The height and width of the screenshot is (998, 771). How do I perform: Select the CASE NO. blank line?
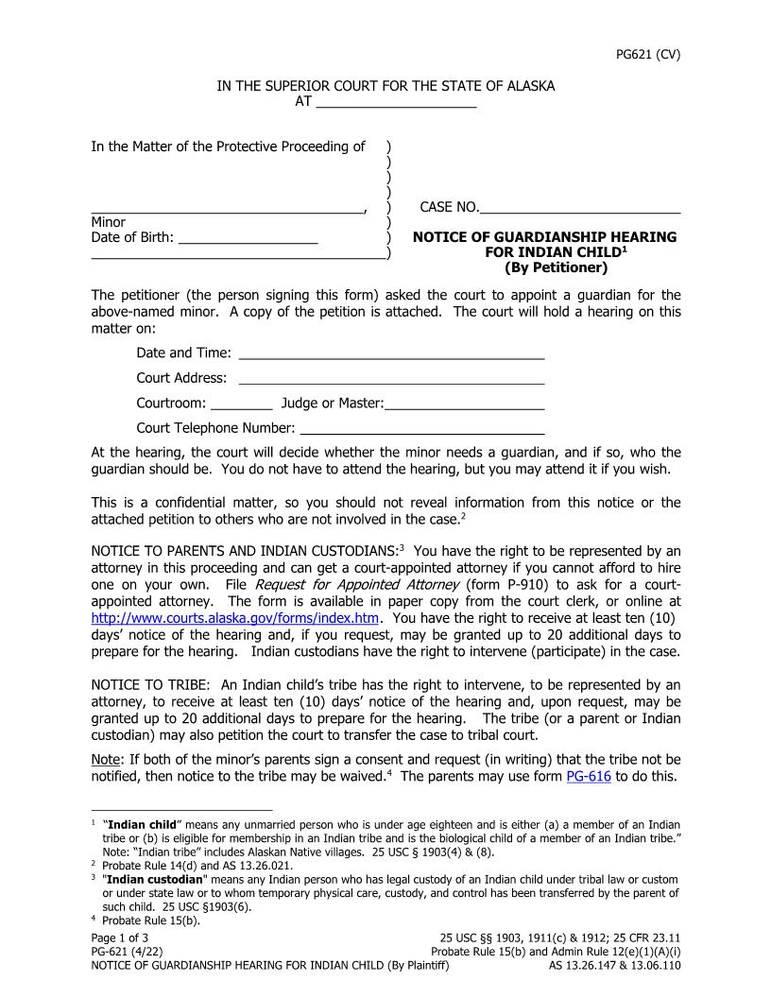[x=580, y=208]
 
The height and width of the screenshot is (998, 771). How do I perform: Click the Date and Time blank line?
[x=391, y=353]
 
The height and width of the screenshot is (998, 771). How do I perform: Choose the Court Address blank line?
[x=391, y=379]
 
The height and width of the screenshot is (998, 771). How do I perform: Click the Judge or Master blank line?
[x=464, y=404]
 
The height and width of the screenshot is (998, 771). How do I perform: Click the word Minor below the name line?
[x=108, y=222]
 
